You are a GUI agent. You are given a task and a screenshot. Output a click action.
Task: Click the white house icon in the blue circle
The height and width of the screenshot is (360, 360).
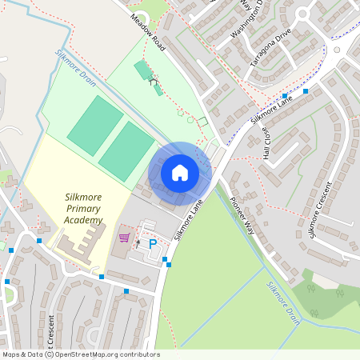click(180, 172)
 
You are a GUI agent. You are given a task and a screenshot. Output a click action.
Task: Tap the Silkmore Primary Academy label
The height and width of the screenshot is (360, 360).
click(84, 209)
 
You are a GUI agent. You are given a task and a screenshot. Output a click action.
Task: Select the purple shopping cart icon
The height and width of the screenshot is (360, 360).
click(124, 238)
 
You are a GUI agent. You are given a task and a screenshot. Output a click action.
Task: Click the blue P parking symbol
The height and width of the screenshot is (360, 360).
click(152, 244)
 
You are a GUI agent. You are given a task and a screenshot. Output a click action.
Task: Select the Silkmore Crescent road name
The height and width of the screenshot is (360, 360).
click(324, 214)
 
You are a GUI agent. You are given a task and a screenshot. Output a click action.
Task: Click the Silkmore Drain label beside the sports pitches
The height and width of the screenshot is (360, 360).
click(74, 66)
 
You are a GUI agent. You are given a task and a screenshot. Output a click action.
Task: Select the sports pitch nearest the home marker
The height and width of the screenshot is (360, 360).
click(126, 151)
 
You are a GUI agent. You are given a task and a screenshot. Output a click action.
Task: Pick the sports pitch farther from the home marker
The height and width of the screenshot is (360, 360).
click(95, 126)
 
